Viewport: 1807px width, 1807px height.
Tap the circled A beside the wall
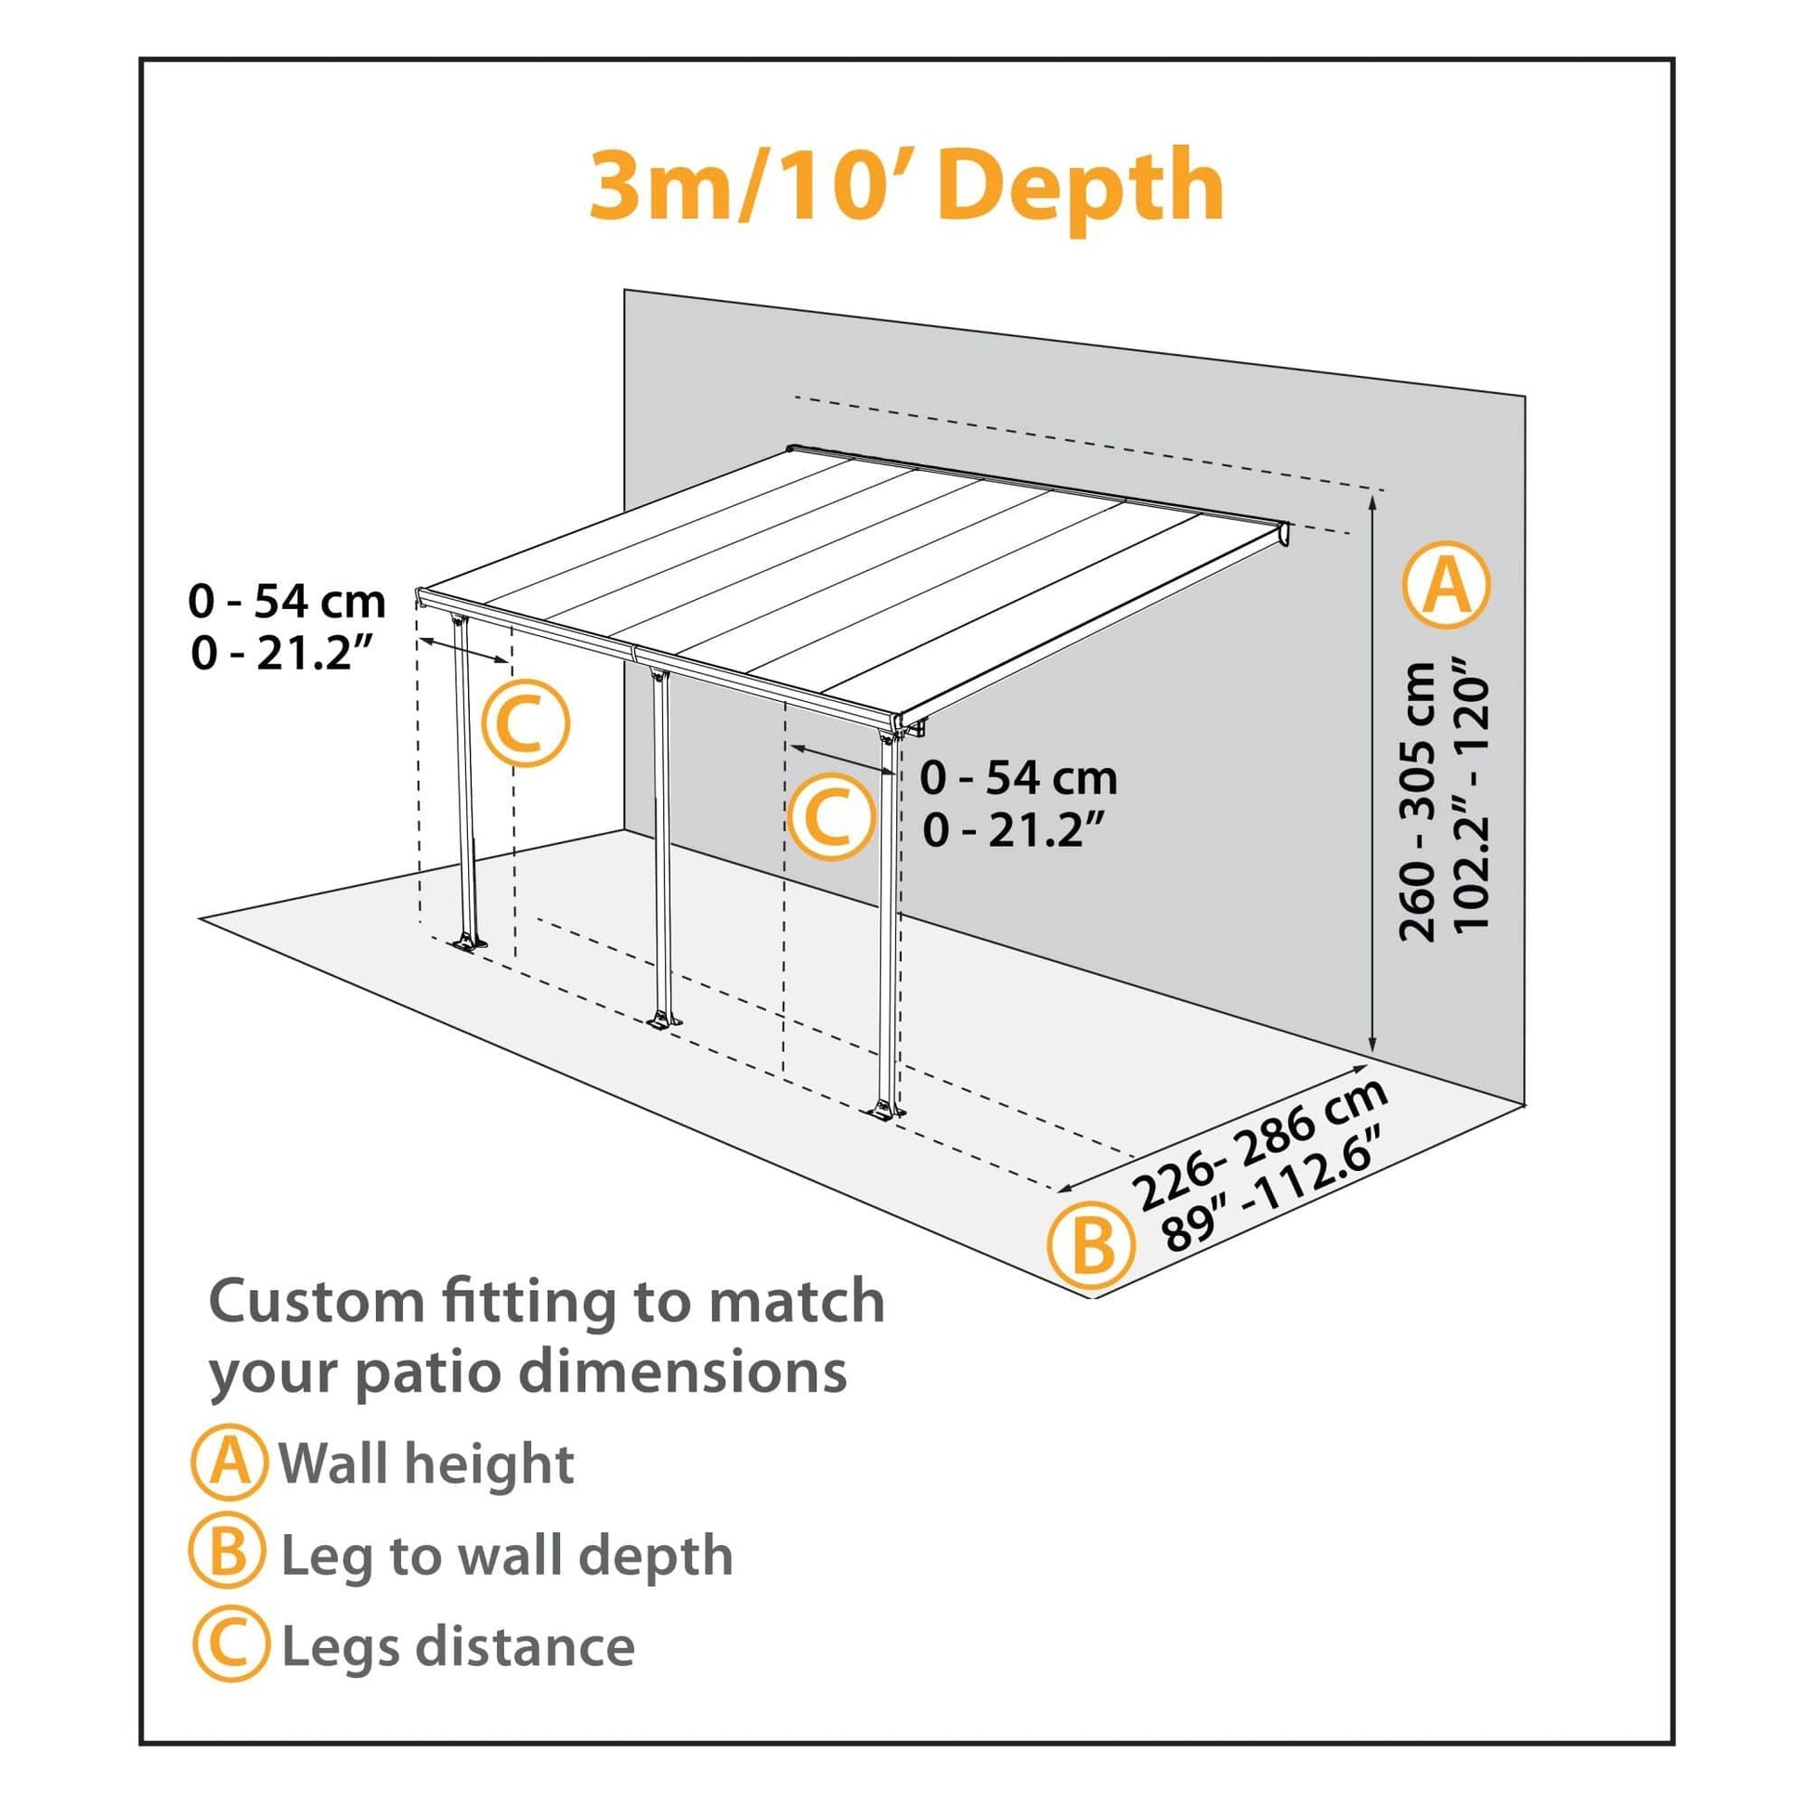point(1446,586)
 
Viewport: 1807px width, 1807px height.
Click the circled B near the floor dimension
point(1090,1247)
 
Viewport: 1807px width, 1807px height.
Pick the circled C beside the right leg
point(830,816)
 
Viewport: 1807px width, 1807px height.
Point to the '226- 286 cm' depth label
point(1258,1144)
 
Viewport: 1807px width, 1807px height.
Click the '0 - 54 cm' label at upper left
point(287,602)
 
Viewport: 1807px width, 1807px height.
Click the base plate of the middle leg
point(663,1021)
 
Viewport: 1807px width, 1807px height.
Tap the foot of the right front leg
point(883,1111)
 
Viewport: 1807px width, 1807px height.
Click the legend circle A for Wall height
point(227,1462)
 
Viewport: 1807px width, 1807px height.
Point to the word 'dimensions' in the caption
point(682,1372)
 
